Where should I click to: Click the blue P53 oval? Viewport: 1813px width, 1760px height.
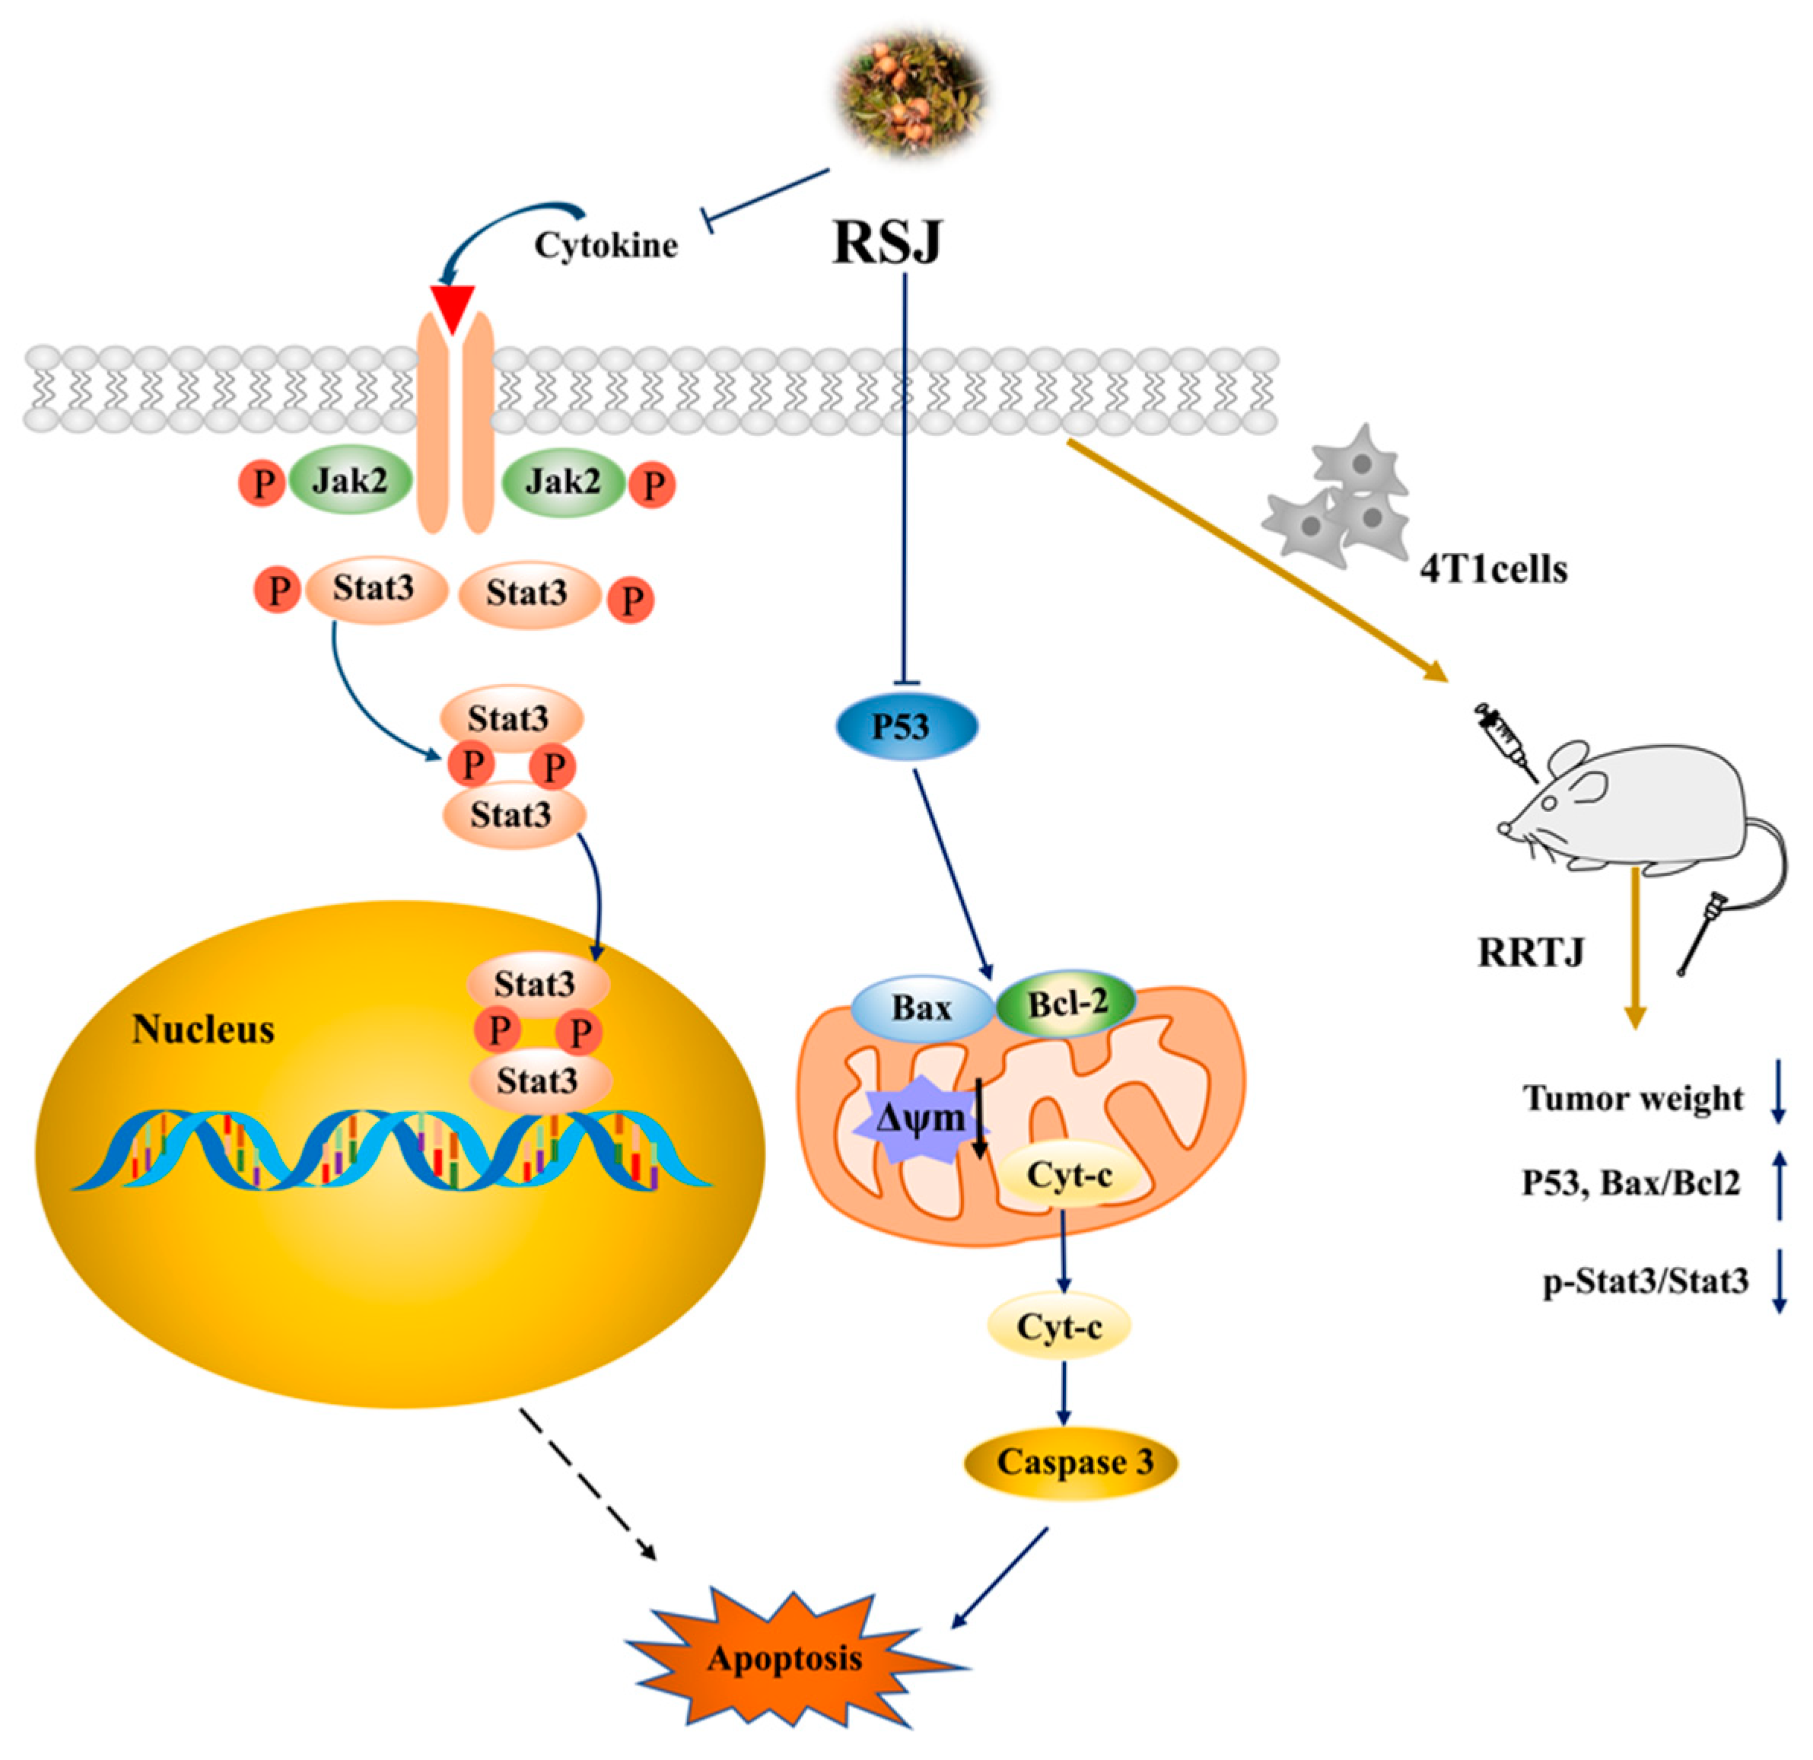pyautogui.click(x=907, y=727)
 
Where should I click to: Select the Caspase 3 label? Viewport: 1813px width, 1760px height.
pyautogui.click(x=1072, y=1463)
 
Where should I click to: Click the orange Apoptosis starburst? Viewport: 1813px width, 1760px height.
pyautogui.click(x=786, y=1658)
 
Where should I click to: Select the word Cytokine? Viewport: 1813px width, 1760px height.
pyautogui.click(x=606, y=245)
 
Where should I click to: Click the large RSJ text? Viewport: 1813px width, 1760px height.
pyautogui.click(x=887, y=243)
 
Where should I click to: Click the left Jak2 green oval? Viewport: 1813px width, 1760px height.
pyautogui.click(x=350, y=481)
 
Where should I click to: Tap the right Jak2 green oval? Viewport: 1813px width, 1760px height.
pyautogui.click(x=563, y=481)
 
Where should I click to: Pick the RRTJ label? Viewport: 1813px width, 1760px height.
pyautogui.click(x=1531, y=952)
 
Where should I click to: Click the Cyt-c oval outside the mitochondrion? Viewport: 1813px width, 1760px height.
pyautogui.click(x=1060, y=1327)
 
